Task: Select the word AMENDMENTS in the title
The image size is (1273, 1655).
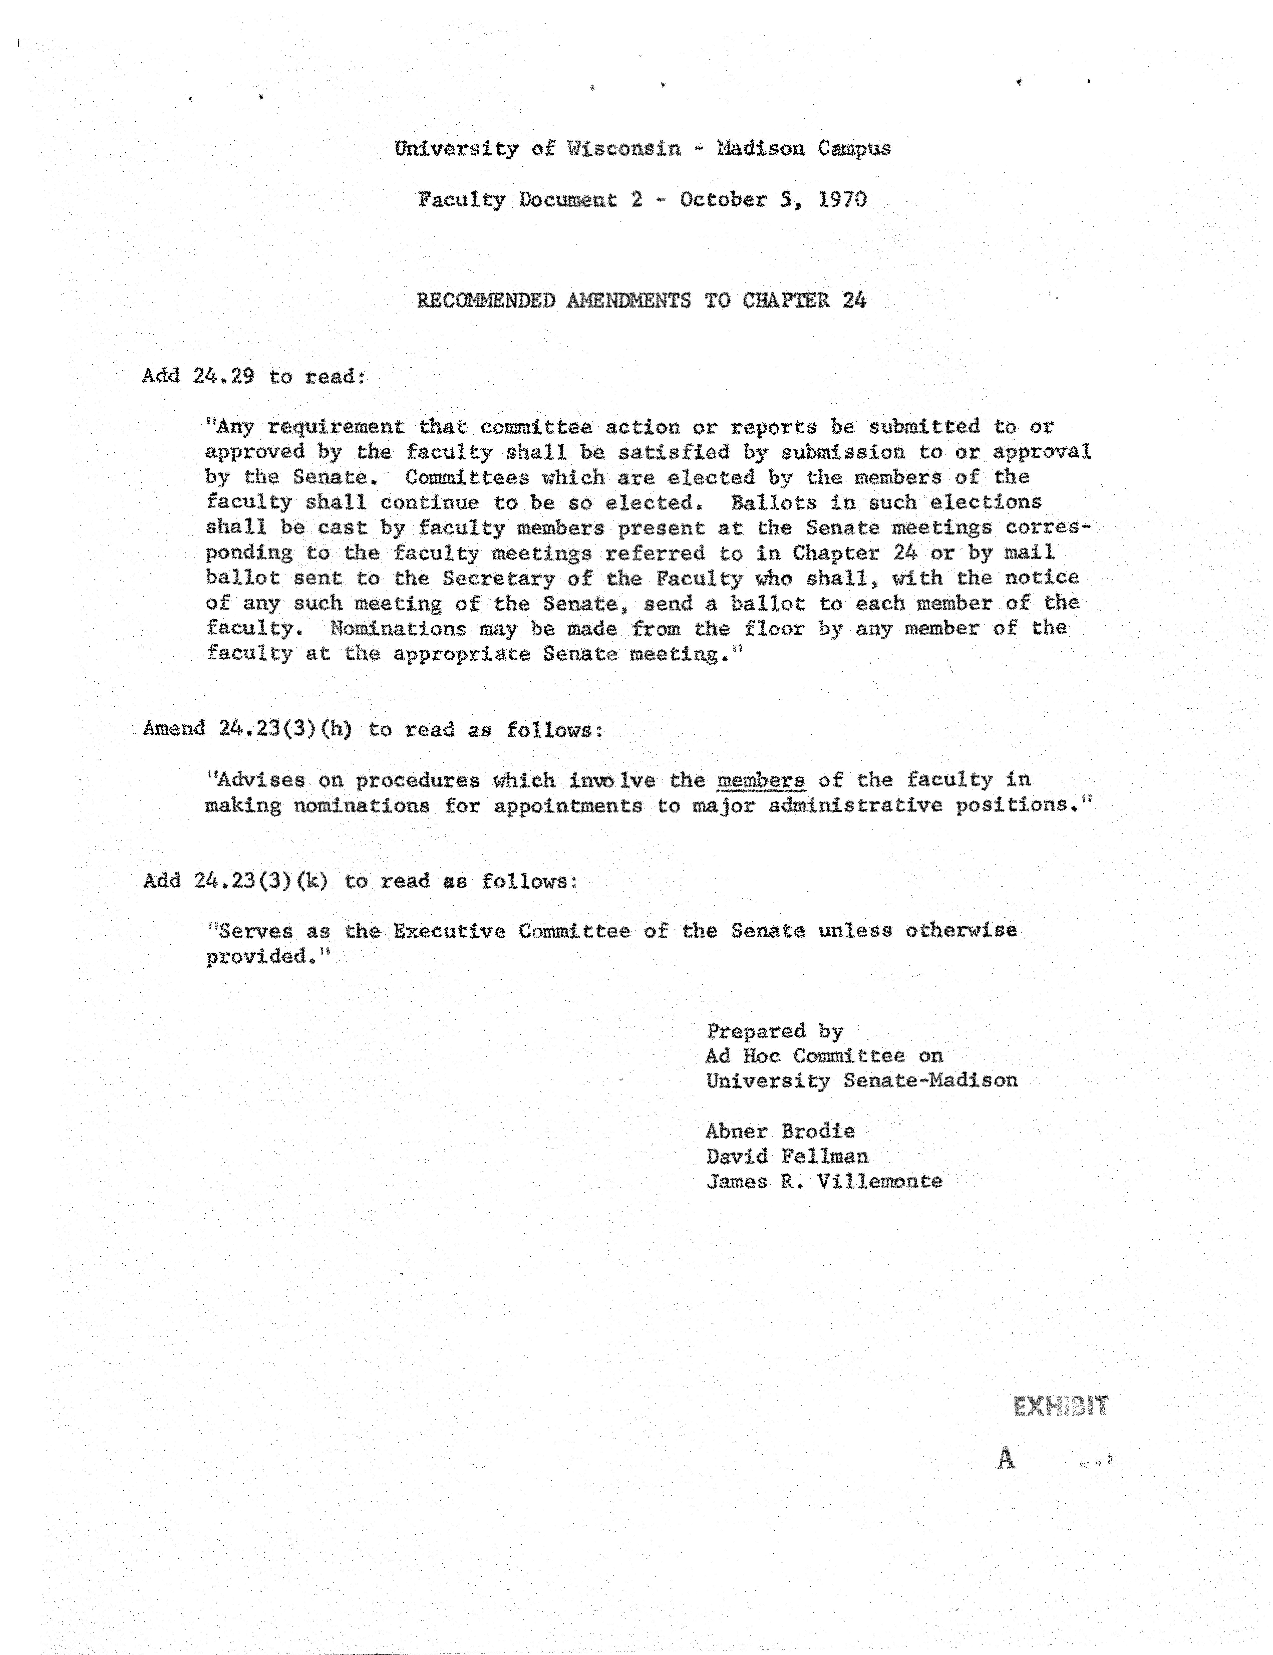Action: point(628,301)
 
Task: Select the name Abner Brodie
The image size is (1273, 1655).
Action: point(780,1131)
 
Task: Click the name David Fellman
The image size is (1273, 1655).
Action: point(787,1156)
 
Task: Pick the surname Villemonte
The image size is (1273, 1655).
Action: point(879,1181)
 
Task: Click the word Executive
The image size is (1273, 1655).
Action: point(449,931)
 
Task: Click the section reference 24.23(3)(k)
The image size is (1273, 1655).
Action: point(261,881)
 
